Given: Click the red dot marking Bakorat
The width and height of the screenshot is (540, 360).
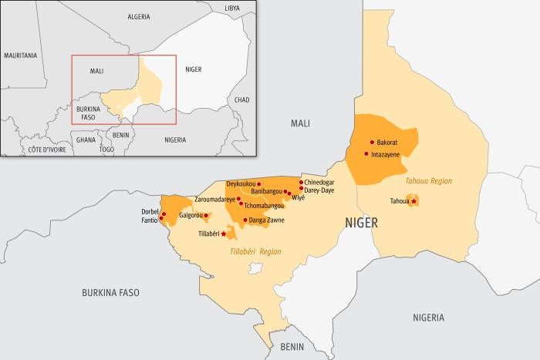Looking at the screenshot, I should coord(372,143).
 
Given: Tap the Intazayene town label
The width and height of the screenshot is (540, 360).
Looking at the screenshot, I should coord(386,154).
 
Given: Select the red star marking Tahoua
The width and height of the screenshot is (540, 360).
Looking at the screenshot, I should coord(414,201).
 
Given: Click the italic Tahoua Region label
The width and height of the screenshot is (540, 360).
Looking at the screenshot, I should coord(428,181).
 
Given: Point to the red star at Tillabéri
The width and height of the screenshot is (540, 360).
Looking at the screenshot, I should coord(224,234).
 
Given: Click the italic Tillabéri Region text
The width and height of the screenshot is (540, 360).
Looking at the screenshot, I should coord(255,252).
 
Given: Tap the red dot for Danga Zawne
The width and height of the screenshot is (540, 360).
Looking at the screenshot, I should coord(245,220).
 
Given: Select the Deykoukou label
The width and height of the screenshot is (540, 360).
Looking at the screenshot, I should coord(240,184).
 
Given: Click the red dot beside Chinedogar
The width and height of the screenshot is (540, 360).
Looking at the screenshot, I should coord(300,183).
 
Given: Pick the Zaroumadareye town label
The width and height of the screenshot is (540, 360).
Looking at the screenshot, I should coord(214,199).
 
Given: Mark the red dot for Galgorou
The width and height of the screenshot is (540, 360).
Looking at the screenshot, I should coord(206,216).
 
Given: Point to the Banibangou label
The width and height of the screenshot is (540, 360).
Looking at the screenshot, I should coord(262,191).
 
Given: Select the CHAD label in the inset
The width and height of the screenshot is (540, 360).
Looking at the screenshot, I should coord(241,99).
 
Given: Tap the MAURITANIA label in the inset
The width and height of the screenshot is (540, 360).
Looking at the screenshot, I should coord(21,56).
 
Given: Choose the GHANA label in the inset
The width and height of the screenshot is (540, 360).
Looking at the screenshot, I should coord(86,140).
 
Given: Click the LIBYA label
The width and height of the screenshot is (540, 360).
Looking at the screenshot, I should coord(231,7).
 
